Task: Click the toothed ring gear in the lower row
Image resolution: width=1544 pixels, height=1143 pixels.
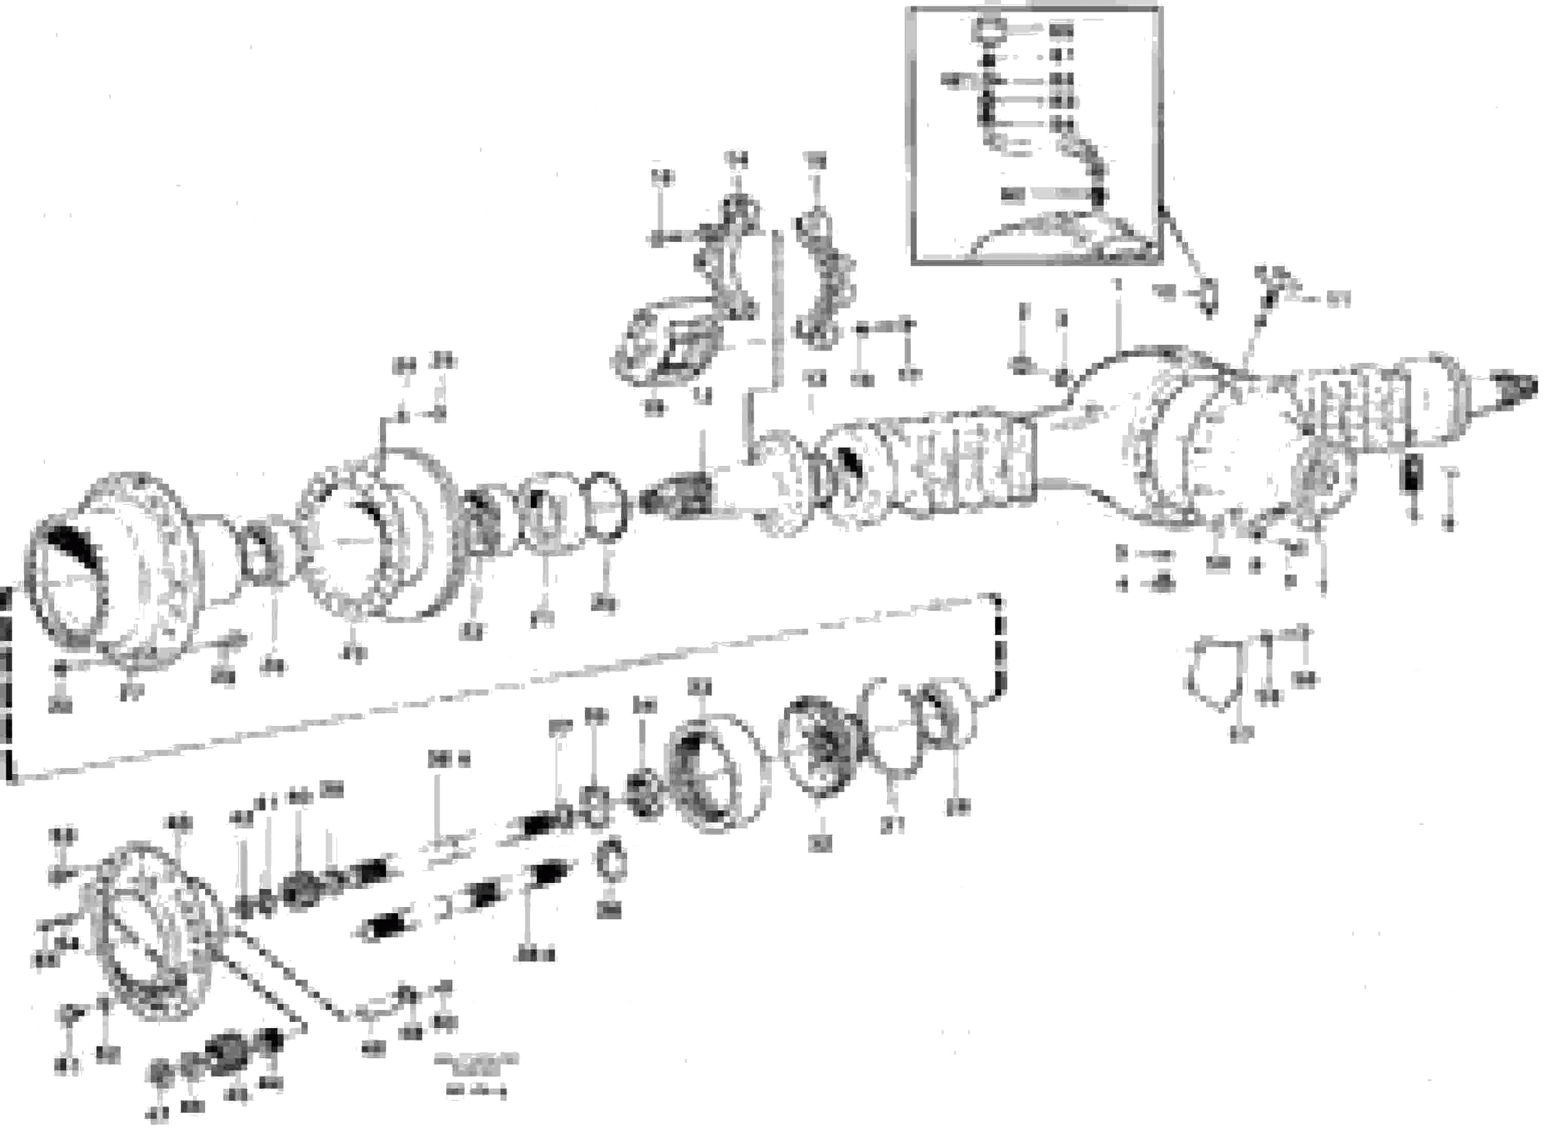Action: (712, 772)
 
